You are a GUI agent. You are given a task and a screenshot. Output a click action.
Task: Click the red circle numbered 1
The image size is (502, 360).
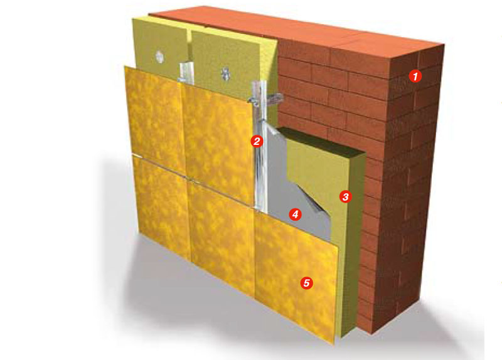415,76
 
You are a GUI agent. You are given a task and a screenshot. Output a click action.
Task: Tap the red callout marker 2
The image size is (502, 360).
257,140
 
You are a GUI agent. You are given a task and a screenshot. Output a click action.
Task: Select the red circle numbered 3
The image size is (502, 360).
346,196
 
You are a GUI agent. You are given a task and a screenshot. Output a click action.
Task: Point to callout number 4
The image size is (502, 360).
295,214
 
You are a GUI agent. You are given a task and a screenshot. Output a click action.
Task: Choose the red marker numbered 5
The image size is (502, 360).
307,283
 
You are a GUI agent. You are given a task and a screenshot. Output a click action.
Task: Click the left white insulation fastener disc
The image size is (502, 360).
160,56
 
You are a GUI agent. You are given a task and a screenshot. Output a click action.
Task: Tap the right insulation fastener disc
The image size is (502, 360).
225,74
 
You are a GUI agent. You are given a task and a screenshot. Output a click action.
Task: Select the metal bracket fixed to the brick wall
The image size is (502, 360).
265,97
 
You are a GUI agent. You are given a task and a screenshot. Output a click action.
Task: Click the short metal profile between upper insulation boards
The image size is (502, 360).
185,73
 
